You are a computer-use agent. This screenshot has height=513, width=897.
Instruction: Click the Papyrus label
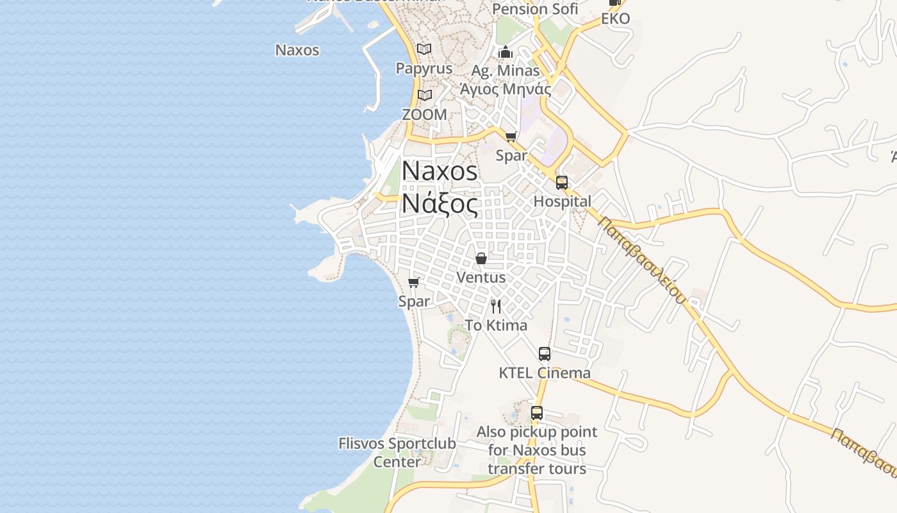coord(424,68)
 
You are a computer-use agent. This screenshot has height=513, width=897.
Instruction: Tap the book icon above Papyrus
coord(424,49)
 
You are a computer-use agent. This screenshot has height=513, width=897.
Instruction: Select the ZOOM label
coord(424,114)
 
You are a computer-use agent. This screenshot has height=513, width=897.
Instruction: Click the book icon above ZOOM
coord(425,95)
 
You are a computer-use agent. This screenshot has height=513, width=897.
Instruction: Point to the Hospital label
coord(563,201)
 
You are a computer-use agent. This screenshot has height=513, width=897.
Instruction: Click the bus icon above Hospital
coord(562,183)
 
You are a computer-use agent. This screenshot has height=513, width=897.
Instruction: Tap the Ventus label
coord(481,278)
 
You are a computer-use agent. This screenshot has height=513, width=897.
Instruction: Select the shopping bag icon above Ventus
coord(481,258)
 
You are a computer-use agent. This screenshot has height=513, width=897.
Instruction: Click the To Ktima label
coord(496,325)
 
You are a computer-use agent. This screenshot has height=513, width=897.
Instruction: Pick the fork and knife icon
coord(496,306)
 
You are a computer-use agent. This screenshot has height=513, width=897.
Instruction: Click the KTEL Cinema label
coord(545,373)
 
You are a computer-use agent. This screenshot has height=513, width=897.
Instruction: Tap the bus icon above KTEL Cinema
coord(545,354)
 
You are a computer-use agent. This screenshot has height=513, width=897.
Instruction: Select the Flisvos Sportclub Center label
coord(397,452)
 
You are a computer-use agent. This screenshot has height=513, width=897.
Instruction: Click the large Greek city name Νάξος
coord(440,205)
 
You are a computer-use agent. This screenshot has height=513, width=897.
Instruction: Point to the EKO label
coord(615,19)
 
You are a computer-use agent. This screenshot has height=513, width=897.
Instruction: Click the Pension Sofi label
coord(535,9)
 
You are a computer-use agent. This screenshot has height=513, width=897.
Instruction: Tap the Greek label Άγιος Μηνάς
coord(506,89)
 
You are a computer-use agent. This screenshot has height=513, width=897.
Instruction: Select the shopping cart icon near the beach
coord(414,282)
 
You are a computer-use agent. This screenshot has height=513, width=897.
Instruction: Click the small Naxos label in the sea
coord(297,50)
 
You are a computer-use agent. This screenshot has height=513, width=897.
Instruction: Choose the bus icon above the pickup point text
coord(537,413)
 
